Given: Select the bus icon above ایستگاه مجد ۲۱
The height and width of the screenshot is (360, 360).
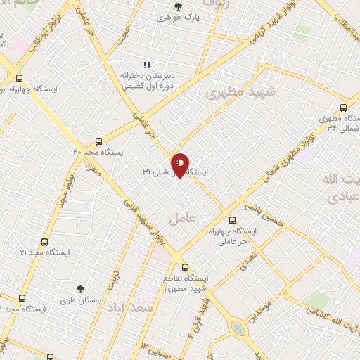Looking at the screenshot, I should [44, 240].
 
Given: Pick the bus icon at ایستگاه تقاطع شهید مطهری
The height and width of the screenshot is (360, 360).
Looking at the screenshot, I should [185, 267].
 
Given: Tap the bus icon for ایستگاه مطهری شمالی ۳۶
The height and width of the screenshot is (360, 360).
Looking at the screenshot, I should [343, 108].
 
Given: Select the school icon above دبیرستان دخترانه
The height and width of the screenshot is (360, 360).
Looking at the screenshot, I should [147, 65].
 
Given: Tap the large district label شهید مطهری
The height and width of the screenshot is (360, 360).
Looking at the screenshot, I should [240, 92].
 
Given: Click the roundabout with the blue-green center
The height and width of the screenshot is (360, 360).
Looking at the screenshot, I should [239, 328].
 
